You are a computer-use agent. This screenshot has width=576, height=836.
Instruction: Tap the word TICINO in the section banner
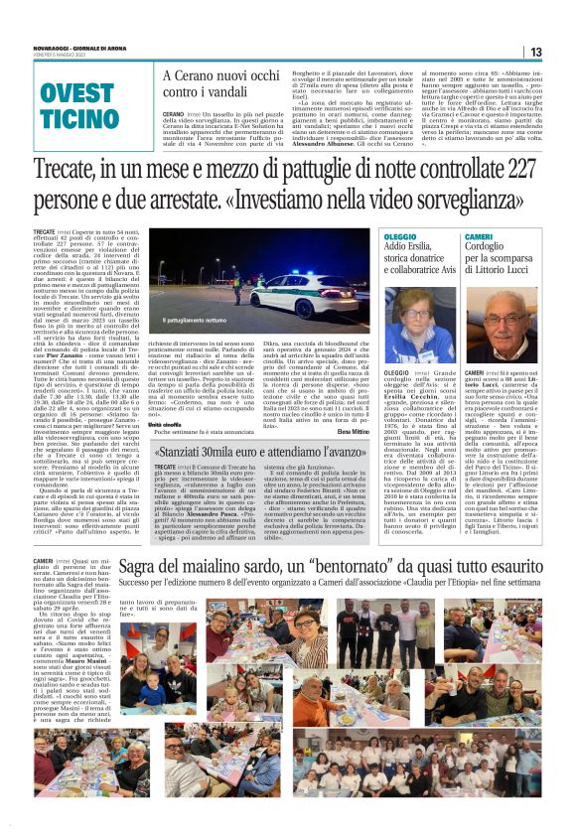coord(77,120)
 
